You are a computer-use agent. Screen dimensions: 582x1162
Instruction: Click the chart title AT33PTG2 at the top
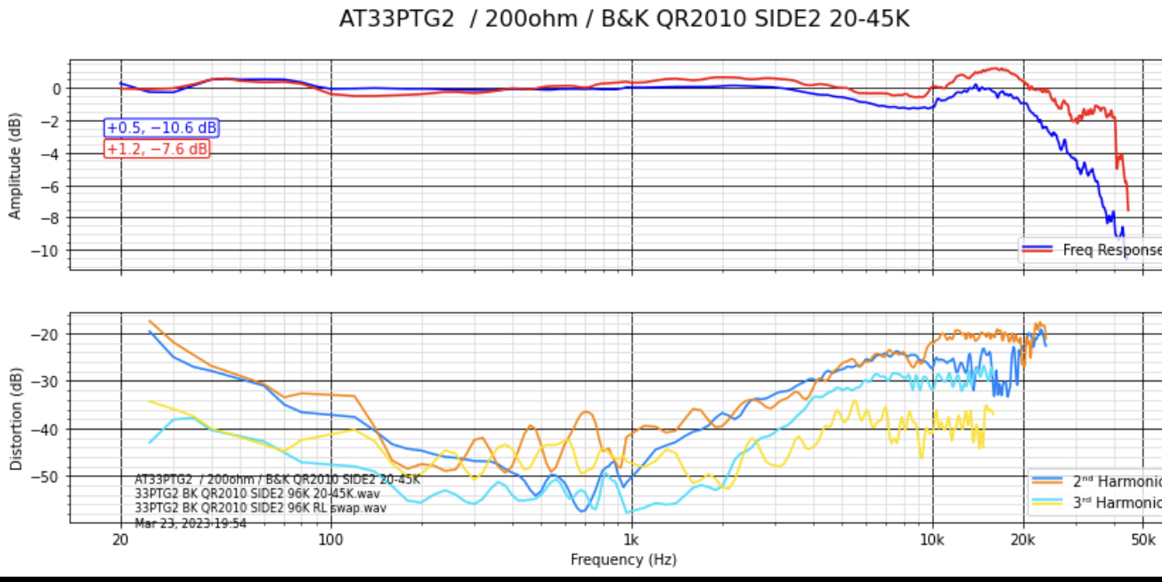(x=623, y=19)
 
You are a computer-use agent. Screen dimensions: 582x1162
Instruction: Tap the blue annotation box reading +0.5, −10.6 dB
(x=161, y=128)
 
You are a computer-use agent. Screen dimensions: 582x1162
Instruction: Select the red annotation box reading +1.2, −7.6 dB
(x=158, y=149)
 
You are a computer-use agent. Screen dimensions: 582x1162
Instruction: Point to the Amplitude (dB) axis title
(x=15, y=167)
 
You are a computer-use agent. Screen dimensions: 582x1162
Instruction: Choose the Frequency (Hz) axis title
(x=623, y=560)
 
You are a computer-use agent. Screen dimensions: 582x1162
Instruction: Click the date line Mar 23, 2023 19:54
(x=191, y=523)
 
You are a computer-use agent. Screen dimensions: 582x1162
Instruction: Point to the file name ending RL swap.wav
(x=260, y=508)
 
